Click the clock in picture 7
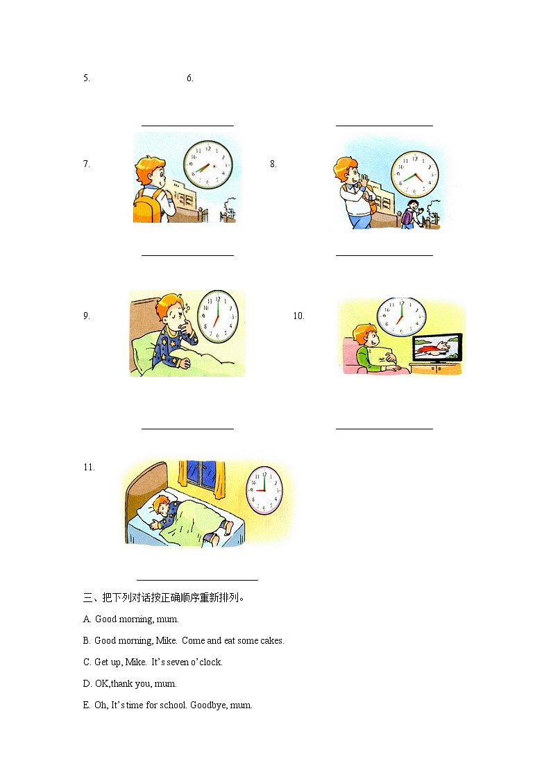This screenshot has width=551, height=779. pos(207,165)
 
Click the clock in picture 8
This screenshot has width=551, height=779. pos(414,173)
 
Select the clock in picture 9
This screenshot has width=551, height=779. pos(217,317)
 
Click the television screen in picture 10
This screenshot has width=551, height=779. pos(436,348)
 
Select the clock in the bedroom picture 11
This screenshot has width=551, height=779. pos(264,488)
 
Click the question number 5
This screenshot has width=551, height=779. pos(87,78)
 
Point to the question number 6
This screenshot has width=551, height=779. pos(189,78)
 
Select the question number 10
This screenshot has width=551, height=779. pos(298,316)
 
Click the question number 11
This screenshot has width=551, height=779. pos(89,468)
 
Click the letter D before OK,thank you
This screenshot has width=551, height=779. pos(87,684)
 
